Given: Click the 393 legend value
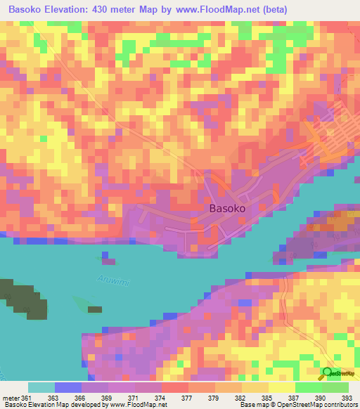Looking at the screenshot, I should (347, 397).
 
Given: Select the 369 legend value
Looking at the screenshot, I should (106, 397).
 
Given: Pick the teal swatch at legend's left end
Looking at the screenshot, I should (41, 387).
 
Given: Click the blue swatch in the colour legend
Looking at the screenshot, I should (68, 387).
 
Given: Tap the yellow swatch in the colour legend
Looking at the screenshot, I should (281, 387).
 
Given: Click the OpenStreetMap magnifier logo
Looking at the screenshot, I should (327, 373).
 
